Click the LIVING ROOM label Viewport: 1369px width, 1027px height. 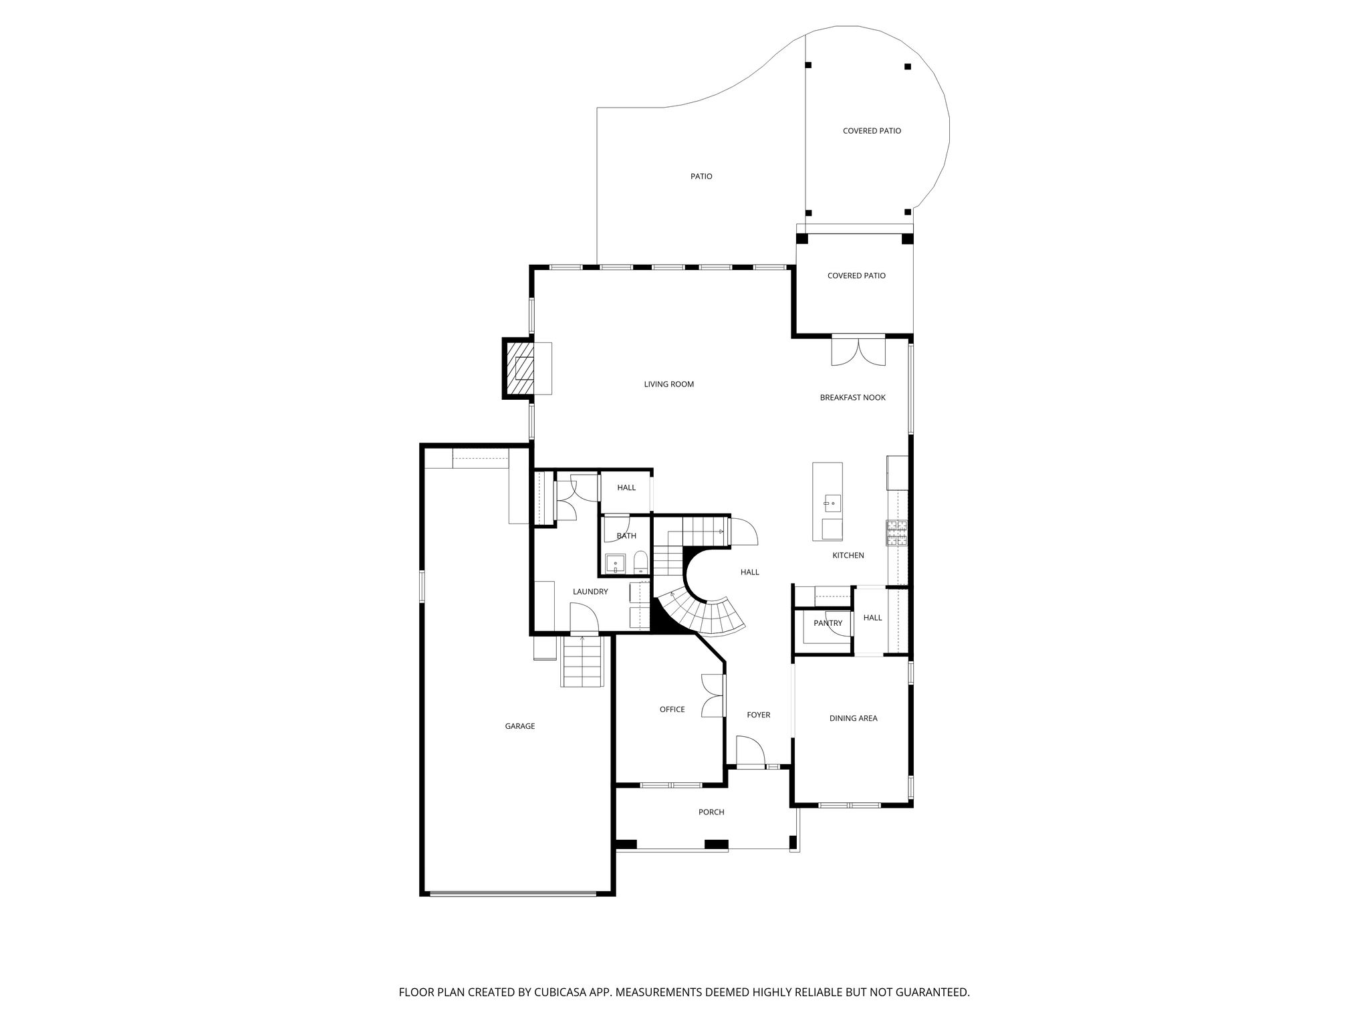668,384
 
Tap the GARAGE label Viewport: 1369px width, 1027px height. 519,726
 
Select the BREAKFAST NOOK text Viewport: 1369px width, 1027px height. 852,398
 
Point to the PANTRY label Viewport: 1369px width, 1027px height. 828,623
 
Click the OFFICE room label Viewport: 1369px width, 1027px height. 672,709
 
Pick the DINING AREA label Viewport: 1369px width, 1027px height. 853,718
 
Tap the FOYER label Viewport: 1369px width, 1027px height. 758,715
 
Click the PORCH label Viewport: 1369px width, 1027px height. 711,812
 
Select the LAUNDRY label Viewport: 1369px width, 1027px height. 590,592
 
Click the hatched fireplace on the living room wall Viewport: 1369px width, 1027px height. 519,368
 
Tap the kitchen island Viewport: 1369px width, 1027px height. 827,501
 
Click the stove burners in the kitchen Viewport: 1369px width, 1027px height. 897,532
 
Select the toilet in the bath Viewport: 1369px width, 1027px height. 640,564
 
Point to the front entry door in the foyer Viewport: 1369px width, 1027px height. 750,752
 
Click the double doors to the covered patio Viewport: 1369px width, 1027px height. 858,351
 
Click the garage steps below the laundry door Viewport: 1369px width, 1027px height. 583,661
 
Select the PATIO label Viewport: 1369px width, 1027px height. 701,177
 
